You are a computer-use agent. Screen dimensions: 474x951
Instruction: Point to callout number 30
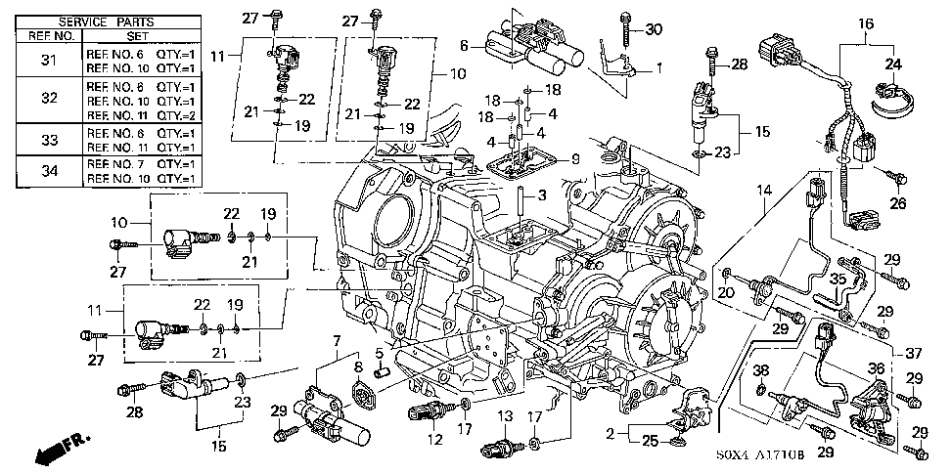(654, 27)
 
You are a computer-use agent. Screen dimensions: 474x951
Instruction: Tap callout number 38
(762, 369)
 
